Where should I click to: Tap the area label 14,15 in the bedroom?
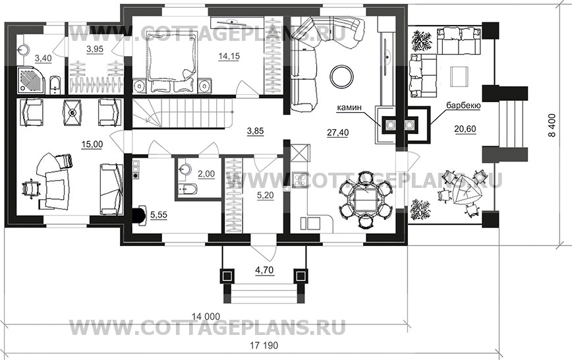pyautogui.click(x=229, y=57)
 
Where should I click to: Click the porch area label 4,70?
pyautogui.click(x=262, y=270)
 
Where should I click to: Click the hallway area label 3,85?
pyautogui.click(x=255, y=131)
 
